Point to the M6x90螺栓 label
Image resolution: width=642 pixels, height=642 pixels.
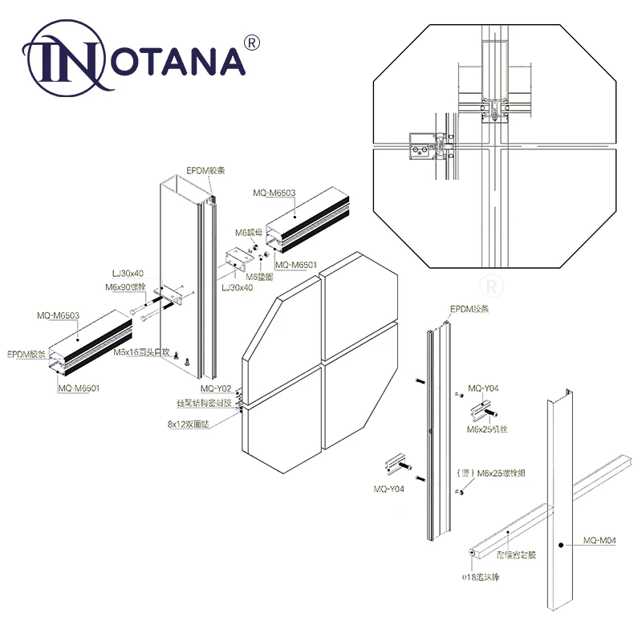[x=124, y=287]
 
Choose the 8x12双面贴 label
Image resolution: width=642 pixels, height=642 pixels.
[x=188, y=425]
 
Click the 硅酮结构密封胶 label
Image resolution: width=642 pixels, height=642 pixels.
[x=204, y=403]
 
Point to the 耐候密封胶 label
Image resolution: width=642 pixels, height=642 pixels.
[x=514, y=554]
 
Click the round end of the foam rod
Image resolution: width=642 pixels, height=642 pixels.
[x=469, y=553]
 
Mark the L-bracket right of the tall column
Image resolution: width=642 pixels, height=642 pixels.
[x=238, y=261]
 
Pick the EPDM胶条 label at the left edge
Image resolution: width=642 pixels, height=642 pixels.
[x=26, y=354]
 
